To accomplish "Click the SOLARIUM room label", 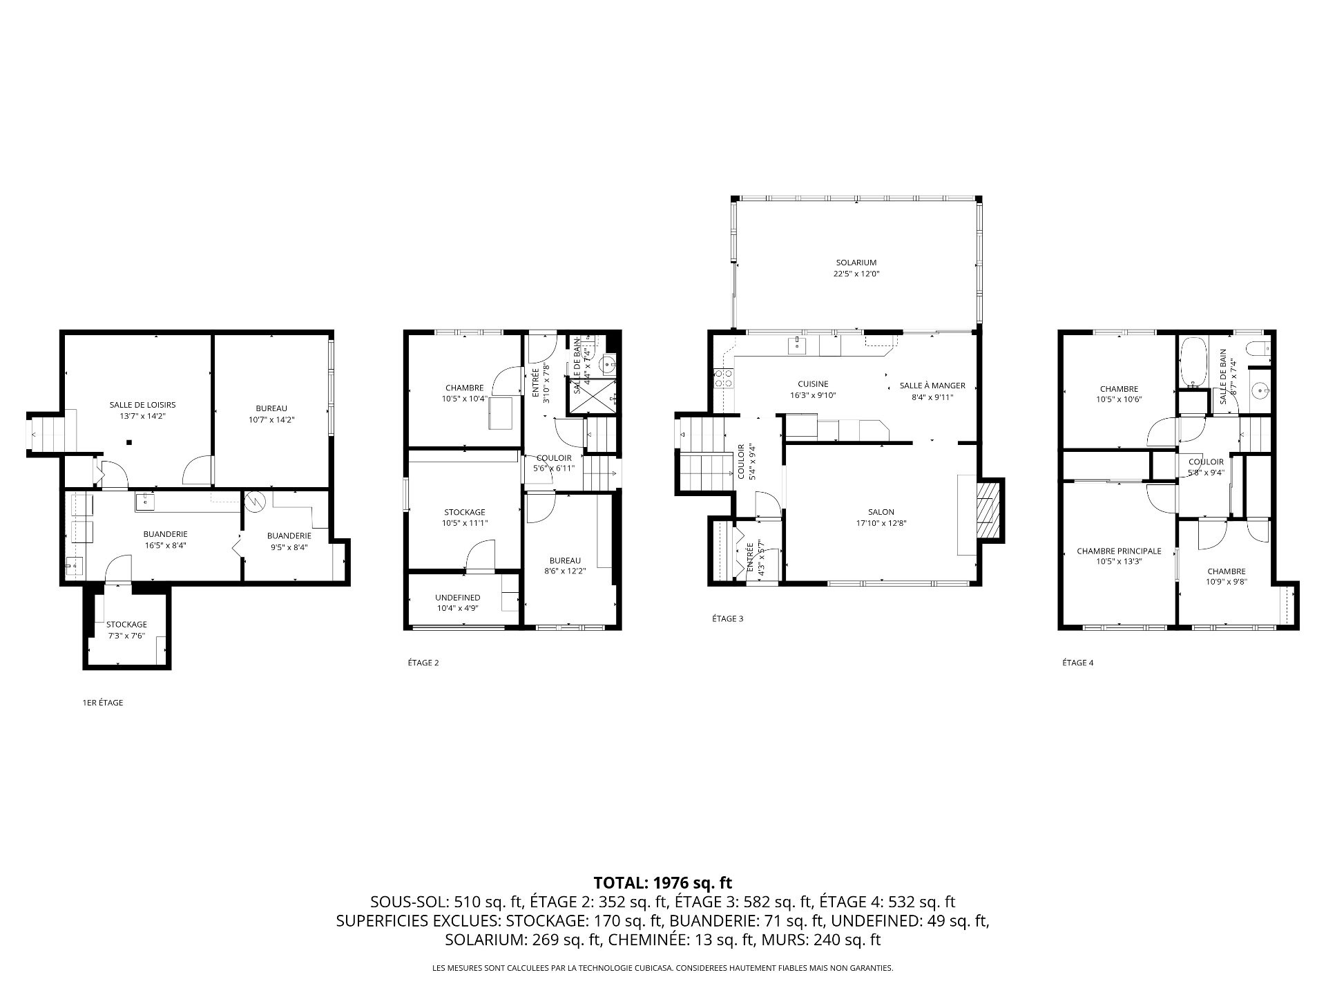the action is pos(856,263).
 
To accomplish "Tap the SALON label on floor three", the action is pos(881,512).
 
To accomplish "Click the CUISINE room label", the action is pos(813,384).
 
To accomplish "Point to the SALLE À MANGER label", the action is pos(932,386).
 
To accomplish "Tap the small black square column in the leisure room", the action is pos(128,442).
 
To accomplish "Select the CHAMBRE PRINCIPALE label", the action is pos(1119,551).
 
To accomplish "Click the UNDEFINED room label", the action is pos(457,598).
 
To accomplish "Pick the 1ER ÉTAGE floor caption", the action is pos(103,703).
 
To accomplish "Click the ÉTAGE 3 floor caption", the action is pos(728,618).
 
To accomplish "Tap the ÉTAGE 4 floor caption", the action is pos(1078,663).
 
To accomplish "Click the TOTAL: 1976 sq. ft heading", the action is pos(663,882).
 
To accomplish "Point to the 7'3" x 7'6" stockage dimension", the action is pos(126,636).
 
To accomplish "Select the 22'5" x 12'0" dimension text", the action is pos(856,274).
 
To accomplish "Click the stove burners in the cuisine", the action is pos(723,378).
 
